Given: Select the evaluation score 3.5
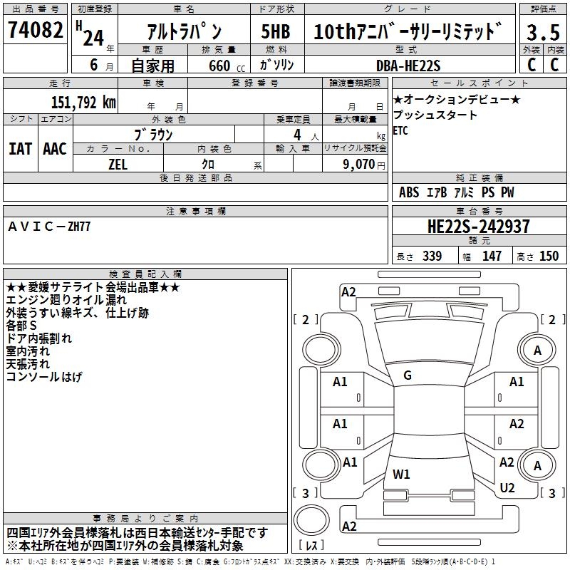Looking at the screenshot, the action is [542, 33].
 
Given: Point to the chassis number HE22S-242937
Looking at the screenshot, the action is [478, 227].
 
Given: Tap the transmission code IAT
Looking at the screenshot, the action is [20, 148].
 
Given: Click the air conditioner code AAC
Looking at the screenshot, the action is [54, 148].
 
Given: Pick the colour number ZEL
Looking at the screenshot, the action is [118, 163].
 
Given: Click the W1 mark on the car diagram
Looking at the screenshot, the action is [401, 474].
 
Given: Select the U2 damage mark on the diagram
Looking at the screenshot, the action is [507, 487].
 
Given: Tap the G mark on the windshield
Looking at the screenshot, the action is [407, 375].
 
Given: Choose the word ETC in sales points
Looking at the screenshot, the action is [400, 131].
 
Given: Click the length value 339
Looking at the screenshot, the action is [432, 256].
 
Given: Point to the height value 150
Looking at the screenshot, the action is [549, 256].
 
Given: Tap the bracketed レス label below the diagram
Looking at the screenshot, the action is [311, 546].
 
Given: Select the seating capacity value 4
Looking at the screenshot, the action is [296, 135].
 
